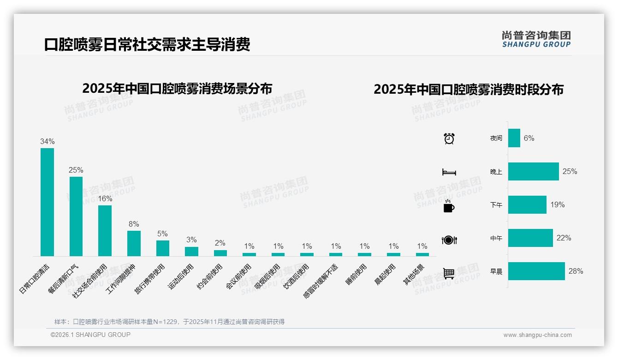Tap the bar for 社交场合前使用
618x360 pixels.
click(105, 230)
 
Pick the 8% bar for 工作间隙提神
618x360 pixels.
click(134, 243)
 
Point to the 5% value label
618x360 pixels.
click(162, 234)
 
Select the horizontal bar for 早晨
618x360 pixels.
click(536, 271)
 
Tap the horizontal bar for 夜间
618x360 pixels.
click(514, 138)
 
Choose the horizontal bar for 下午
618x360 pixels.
click(527, 204)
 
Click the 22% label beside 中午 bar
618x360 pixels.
click(564, 238)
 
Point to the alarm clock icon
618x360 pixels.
click(449, 138)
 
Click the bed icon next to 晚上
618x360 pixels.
click(449, 172)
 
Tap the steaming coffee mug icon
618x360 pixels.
click(449, 206)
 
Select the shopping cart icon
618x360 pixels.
click(449, 273)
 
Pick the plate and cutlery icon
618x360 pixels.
click(449, 240)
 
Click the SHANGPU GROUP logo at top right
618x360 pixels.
click(536, 39)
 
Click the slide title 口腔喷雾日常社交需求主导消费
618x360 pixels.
click(147, 45)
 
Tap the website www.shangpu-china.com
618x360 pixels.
click(537, 335)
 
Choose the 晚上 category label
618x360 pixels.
click(496, 172)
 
